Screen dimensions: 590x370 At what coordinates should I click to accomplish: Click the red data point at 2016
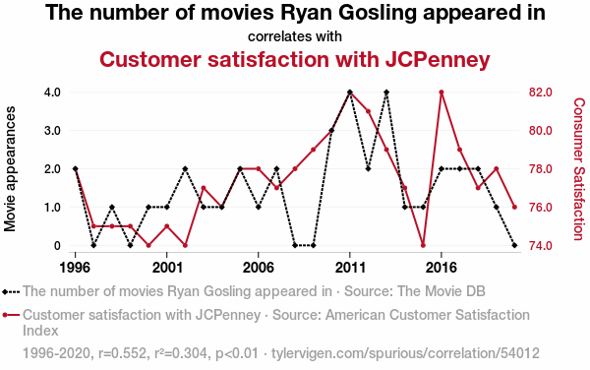click(x=442, y=92)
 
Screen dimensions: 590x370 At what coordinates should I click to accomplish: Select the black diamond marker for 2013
click(x=386, y=92)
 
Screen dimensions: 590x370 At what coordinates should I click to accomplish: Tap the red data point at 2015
click(x=423, y=245)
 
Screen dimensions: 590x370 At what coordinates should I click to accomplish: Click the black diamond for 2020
click(x=514, y=245)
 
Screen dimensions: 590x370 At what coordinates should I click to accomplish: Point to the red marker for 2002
click(x=185, y=245)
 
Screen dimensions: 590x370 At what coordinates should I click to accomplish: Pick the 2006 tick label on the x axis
click(x=258, y=268)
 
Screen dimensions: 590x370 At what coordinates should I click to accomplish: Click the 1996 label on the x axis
click(x=76, y=268)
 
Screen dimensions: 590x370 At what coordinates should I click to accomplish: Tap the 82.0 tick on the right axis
click(x=541, y=92)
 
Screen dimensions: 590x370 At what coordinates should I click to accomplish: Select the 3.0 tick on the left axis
click(x=52, y=131)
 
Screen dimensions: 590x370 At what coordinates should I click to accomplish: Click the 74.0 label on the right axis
click(x=541, y=245)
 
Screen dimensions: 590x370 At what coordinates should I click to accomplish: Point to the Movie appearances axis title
click(x=10, y=168)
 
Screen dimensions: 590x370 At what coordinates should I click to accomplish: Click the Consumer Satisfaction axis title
click(x=579, y=169)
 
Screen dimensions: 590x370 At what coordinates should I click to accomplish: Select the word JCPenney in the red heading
click(x=438, y=60)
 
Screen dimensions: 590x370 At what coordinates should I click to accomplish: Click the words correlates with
click(x=295, y=36)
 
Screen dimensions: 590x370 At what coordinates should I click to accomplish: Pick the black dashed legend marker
click(x=11, y=291)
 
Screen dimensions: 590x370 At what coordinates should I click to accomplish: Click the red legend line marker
click(x=11, y=315)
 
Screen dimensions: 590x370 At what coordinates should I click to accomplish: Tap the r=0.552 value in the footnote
click(x=122, y=353)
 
